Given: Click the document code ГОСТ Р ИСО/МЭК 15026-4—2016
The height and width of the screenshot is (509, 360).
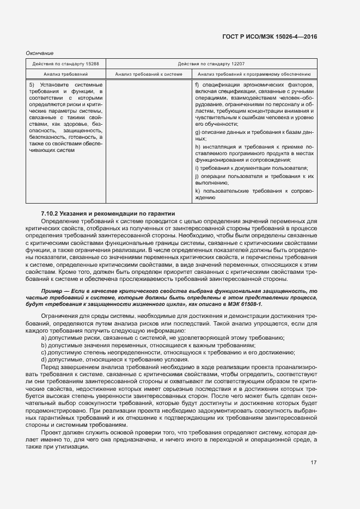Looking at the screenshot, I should pyautogui.click(x=270, y=36).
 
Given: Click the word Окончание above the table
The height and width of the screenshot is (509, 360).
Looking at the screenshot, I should pyautogui.click(x=40, y=53).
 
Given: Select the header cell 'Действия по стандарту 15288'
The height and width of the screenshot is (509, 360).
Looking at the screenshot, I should pyautogui.click(x=66, y=64).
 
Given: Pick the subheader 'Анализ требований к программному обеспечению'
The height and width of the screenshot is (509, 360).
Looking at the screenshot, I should pyautogui.click(x=254, y=73).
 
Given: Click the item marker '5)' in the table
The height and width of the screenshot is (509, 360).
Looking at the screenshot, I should pyautogui.click(x=32, y=84).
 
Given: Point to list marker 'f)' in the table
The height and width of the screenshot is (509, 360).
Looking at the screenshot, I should pyautogui.click(x=197, y=84).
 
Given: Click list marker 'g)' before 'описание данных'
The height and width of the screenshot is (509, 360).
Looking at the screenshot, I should pyautogui.click(x=197, y=132).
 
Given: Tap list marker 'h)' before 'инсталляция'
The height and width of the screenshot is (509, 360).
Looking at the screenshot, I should pyautogui.click(x=197, y=147).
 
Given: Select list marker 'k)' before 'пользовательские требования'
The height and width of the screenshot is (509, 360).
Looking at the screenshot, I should pyautogui.click(x=197, y=191).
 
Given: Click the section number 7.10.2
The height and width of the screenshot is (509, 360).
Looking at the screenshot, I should pyautogui.click(x=52, y=212).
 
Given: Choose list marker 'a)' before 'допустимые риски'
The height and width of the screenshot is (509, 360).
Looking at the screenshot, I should pyautogui.click(x=44, y=338).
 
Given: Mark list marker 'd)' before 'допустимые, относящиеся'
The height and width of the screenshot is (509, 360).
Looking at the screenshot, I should pyautogui.click(x=44, y=360).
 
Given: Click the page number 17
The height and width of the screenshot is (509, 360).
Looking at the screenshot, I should pyautogui.click(x=314, y=463).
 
